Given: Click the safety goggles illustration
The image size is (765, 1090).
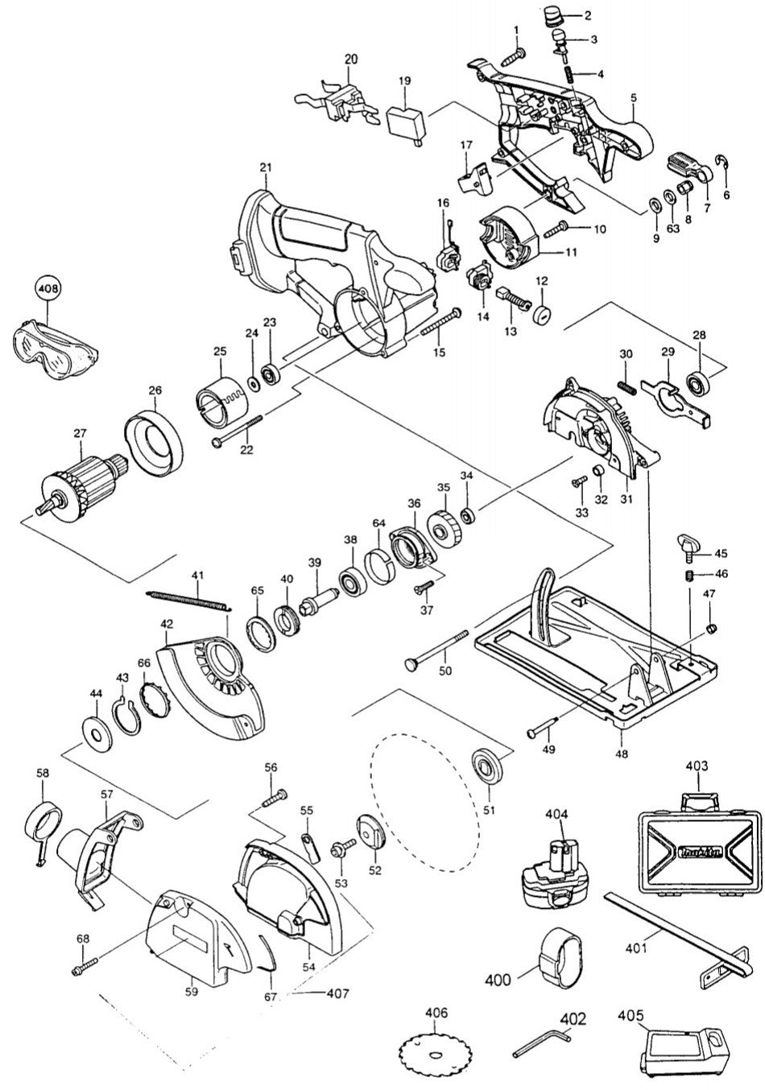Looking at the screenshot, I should pos(52,349).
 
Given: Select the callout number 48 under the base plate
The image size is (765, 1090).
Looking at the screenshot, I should pos(624,754).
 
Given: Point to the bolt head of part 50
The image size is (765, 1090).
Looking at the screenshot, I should pos(410,663).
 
